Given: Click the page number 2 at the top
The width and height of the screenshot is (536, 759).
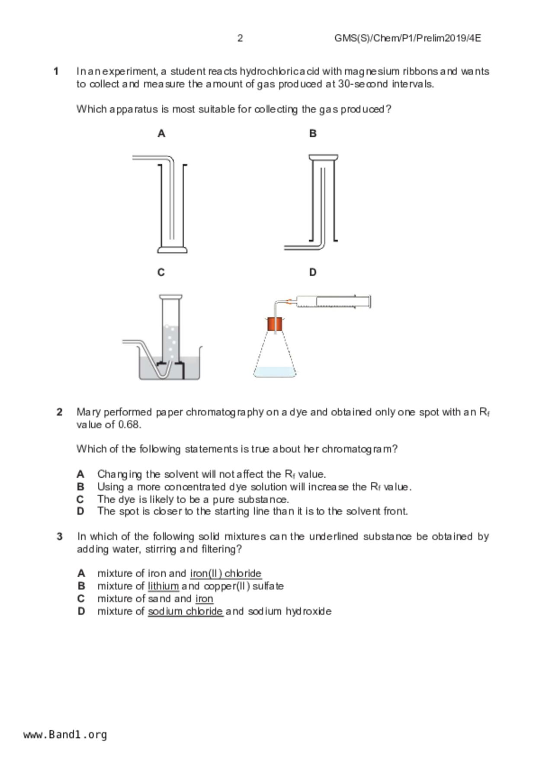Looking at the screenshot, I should [240, 38].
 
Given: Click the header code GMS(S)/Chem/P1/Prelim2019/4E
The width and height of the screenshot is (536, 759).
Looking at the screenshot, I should [407, 38].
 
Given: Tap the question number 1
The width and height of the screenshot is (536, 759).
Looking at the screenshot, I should [56, 71].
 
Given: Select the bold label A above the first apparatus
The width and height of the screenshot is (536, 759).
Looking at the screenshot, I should [161, 134].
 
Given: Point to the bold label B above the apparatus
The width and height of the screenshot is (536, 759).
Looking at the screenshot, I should [313, 134].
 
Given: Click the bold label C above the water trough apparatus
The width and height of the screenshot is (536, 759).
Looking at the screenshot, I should [161, 272].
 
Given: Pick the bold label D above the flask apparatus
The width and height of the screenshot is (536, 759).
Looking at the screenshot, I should [313, 272].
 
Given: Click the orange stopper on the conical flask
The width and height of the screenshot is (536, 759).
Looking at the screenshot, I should [275, 324].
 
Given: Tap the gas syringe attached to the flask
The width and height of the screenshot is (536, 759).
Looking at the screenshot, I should [333, 301].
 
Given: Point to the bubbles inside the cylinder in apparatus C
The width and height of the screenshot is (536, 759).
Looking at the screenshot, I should [171, 340].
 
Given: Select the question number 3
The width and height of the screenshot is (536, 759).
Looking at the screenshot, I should [60, 537].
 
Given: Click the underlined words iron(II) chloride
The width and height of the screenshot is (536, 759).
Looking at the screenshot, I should [225, 573].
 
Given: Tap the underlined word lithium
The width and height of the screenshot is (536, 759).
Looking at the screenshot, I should [163, 586].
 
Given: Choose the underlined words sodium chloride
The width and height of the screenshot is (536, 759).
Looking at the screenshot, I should [185, 611].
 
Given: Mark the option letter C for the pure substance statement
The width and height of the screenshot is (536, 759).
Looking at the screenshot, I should [80, 499].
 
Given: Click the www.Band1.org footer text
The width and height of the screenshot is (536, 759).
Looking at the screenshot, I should [65, 734].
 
